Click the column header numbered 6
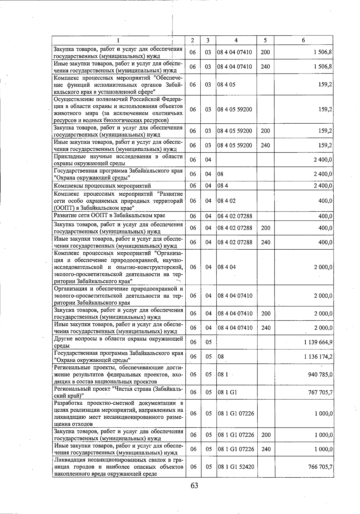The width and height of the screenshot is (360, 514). (x=303, y=40)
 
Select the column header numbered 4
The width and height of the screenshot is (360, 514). (x=236, y=40)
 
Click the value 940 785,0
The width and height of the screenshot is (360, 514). (x=320, y=374)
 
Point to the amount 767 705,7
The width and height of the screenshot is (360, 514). (x=320, y=392)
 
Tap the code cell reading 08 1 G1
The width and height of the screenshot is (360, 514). (x=227, y=392)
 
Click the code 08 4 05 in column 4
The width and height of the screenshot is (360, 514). (x=226, y=85)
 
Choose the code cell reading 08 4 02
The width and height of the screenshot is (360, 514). (x=226, y=201)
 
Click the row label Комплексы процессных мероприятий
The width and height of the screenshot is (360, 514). (x=102, y=186)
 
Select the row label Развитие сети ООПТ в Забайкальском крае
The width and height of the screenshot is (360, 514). (x=109, y=215)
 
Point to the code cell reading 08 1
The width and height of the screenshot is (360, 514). (x=223, y=374)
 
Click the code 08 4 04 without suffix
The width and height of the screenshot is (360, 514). (x=226, y=267)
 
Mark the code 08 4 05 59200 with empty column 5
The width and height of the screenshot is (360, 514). (x=235, y=110)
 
